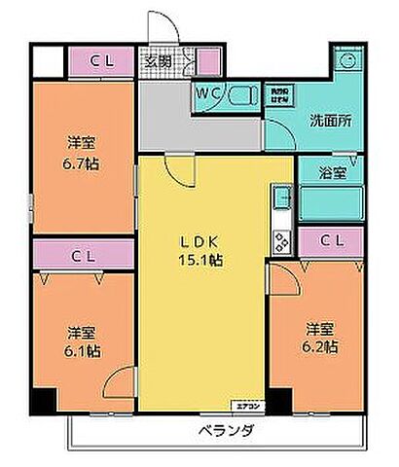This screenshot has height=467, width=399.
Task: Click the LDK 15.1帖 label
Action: click(199, 251)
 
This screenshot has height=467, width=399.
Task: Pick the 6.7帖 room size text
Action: click(82, 162)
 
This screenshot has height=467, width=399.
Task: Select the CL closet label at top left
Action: click(101, 62)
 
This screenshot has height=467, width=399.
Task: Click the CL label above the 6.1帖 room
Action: click(83, 255)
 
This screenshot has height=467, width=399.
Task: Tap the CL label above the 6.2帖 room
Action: click(331, 238)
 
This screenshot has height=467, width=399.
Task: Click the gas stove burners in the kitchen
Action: click(282, 240)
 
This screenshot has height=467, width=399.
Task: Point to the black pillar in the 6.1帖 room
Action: click(42, 400)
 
